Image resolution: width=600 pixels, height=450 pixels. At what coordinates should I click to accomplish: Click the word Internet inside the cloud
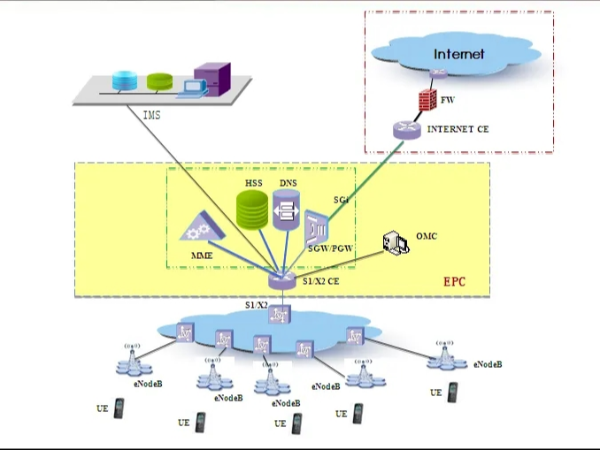(x=459, y=54)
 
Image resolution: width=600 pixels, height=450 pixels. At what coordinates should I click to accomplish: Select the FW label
(x=449, y=100)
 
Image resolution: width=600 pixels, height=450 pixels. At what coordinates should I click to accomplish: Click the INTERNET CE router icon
(x=404, y=130)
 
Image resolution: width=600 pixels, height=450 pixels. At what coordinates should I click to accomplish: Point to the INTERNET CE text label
(x=458, y=130)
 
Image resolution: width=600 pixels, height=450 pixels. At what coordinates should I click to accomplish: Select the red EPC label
(x=455, y=282)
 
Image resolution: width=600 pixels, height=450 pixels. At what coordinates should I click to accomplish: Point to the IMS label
(x=151, y=116)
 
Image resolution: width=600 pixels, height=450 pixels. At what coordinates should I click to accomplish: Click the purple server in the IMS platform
(x=211, y=77)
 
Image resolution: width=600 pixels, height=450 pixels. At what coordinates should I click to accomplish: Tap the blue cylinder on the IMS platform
(x=124, y=79)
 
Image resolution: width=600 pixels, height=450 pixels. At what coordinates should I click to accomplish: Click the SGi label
(x=342, y=201)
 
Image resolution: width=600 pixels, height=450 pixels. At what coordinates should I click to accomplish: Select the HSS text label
(x=254, y=184)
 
